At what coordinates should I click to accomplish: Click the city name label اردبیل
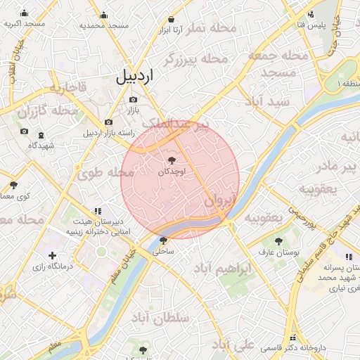pyautogui.click(x=141, y=77)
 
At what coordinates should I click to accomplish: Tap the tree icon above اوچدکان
pyautogui.click(x=173, y=161)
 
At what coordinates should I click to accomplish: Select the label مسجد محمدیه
pyautogui.click(x=104, y=25)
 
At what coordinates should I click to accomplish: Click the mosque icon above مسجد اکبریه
pyautogui.click(x=25, y=13)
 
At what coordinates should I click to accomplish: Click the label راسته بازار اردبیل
pyautogui.click(x=108, y=132)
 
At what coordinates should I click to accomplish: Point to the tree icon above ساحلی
pyautogui.click(x=164, y=240)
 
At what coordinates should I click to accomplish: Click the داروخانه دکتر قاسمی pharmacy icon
pyautogui.click(x=293, y=337)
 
